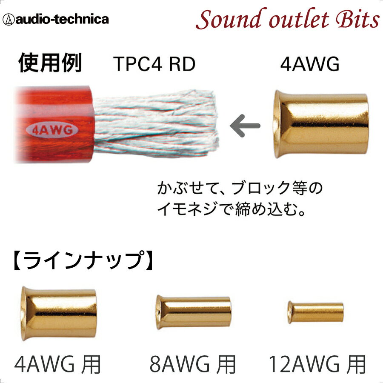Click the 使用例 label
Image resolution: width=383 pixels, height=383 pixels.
coord(50,64)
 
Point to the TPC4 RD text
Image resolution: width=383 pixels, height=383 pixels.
coord(154,65)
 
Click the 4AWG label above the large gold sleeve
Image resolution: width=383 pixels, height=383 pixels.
coord(310,65)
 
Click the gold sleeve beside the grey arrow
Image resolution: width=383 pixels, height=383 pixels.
coord(320,124)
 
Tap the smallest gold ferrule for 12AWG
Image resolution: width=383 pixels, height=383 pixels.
coord(315,312)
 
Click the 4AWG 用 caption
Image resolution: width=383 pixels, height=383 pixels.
coord(58,364)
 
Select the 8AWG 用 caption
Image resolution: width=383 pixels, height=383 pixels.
coord(192,364)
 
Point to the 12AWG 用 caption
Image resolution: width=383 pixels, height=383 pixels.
coord(317,364)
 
